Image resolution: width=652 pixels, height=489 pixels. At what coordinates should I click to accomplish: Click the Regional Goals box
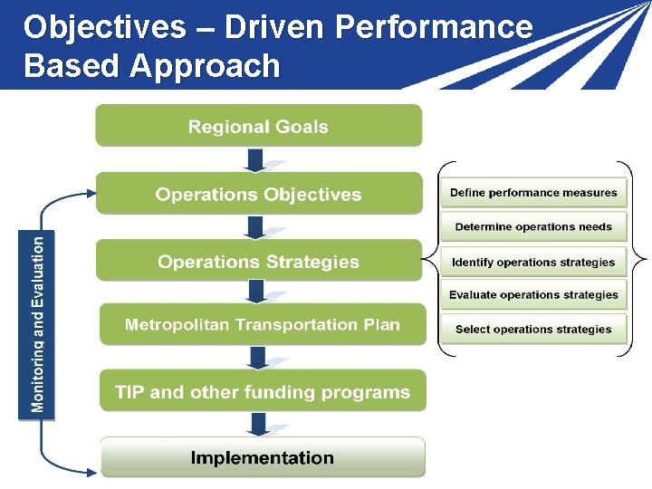click(258, 126)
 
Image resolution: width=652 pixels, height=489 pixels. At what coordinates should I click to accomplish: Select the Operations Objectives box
click(258, 194)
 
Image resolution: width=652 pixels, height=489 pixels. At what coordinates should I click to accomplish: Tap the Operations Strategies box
click(258, 262)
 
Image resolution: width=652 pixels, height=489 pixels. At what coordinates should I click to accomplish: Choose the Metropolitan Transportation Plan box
click(262, 324)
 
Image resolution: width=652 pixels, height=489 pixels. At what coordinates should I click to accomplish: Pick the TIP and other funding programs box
click(262, 392)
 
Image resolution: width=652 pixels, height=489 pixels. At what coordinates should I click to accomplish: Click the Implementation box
click(262, 457)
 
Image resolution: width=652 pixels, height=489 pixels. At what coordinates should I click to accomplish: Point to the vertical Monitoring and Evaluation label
click(37, 323)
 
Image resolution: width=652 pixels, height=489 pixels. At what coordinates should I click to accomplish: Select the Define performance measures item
click(533, 193)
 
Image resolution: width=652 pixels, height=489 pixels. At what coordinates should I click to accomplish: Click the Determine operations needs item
click(533, 226)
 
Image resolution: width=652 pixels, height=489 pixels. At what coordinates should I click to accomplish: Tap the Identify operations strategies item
click(533, 263)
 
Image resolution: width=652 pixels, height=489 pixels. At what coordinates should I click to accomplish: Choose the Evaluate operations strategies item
click(533, 295)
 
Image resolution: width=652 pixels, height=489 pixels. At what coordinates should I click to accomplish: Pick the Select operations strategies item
click(533, 330)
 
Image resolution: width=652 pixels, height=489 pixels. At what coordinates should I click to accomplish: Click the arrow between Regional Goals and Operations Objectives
click(256, 160)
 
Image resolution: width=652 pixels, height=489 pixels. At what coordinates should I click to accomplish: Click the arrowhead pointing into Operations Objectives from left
click(90, 192)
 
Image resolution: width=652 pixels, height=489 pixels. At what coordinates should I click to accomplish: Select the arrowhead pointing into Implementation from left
click(91, 471)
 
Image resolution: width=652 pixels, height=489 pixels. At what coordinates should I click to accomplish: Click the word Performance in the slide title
click(434, 27)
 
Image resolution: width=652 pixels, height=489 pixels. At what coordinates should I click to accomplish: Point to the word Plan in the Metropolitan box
click(380, 324)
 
